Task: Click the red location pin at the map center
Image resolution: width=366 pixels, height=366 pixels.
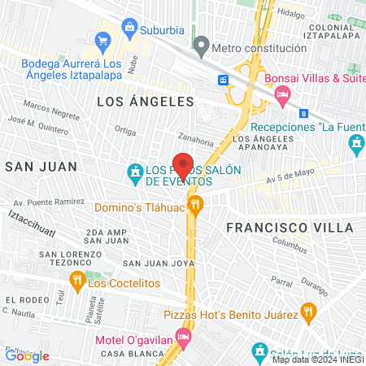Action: coord(183,165)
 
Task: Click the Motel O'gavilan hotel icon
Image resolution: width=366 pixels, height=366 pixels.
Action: coord(185,335)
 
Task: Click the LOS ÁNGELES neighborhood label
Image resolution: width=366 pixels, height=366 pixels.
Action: coord(146,102)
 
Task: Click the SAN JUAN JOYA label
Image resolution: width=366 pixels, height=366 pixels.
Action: coord(159,264)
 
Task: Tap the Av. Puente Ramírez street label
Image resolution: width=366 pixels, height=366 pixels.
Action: coord(48,202)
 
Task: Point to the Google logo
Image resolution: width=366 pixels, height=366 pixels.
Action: coord(27,355)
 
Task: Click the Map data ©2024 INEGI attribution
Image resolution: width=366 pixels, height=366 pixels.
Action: coord(317,359)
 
